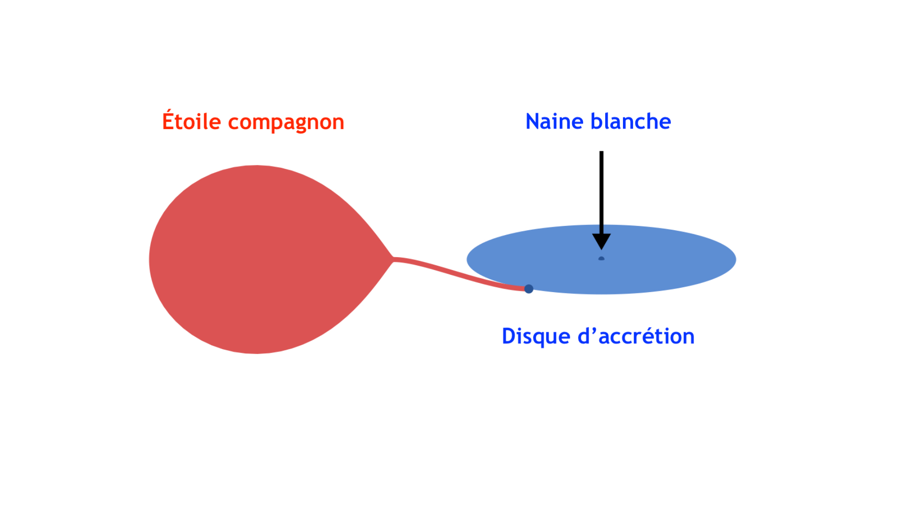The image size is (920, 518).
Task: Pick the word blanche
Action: tap(631, 121)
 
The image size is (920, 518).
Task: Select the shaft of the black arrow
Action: tap(601, 192)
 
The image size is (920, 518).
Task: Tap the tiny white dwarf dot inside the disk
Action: tap(601, 259)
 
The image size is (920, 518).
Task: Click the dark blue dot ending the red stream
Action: tap(529, 289)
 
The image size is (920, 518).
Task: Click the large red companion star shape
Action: tap(259, 259)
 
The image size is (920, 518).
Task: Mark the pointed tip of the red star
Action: tap(393, 259)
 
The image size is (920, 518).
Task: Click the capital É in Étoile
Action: tap(168, 120)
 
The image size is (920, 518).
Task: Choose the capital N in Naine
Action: tap(533, 121)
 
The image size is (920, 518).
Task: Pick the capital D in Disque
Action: tap(508, 336)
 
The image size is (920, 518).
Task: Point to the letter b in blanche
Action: tap(598, 121)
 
